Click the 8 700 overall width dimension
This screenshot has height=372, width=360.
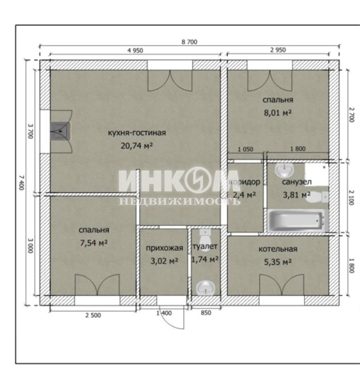pos(190,42)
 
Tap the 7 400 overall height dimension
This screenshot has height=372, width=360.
pos(22,182)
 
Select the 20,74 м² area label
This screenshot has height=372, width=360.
pos(137,145)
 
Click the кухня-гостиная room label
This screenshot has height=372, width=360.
pos(137,133)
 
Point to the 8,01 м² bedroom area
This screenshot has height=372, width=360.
pos(278,112)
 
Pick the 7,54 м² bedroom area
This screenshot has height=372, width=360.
pos(94,243)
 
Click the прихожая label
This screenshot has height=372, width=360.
pos(164,248)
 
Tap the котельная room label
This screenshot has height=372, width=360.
pos(278,249)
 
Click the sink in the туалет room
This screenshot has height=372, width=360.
pos(206,288)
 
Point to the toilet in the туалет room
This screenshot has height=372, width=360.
pos(205,236)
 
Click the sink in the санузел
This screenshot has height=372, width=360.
pos(284,170)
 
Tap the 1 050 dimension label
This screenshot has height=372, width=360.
pos(245,149)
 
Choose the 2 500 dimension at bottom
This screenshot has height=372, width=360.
pos(93,315)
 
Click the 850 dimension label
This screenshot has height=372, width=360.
pos(206,313)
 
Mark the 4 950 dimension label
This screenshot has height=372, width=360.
pos(135,50)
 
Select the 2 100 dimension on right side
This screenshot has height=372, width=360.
pos(352,197)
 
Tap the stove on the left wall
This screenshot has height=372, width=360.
pos(61,130)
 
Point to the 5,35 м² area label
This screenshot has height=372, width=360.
pos(278,262)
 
